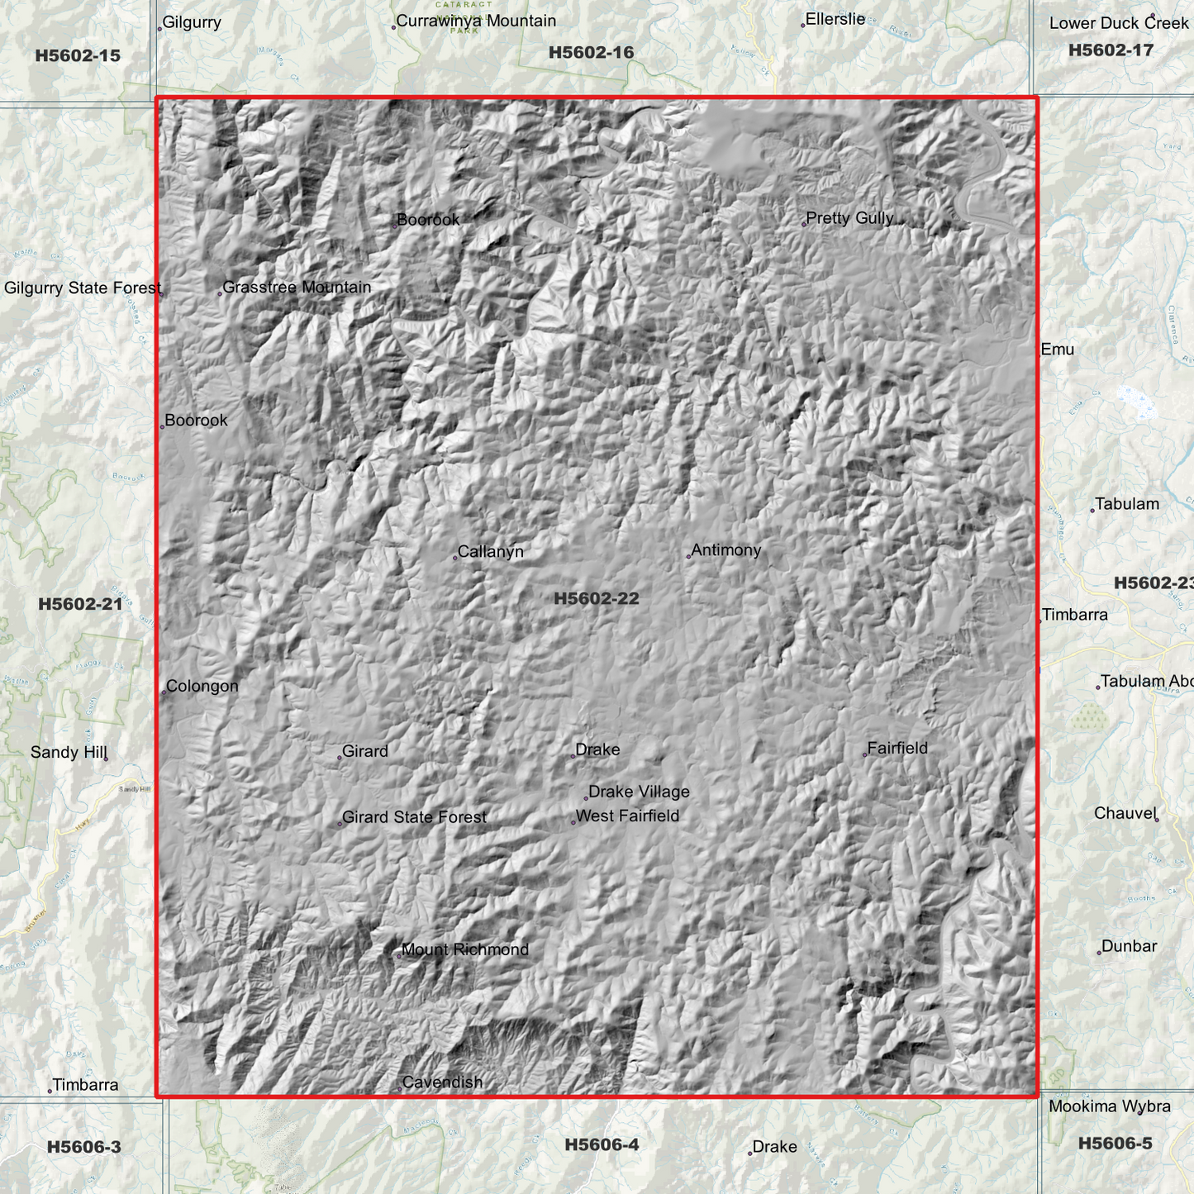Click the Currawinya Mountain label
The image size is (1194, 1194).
tap(475, 21)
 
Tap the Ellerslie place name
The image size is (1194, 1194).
tap(835, 19)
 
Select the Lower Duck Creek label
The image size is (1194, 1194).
tap(1118, 23)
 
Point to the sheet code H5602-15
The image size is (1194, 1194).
tap(78, 56)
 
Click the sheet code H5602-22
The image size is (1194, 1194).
tap(597, 598)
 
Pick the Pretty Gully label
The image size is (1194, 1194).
tap(849, 218)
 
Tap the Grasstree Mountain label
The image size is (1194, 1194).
tap(297, 288)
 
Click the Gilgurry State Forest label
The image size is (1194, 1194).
tap(83, 288)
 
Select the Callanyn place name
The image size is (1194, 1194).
tap(490, 552)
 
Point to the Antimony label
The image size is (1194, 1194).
tap(725, 550)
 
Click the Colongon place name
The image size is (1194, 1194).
tap(202, 687)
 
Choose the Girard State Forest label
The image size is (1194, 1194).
tap(414, 817)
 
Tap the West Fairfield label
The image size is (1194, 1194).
tap(627, 816)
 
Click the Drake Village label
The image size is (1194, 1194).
tap(639, 792)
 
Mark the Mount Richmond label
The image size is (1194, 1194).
tap(464, 950)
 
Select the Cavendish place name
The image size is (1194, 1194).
tap(441, 1082)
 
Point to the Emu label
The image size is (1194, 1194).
tap(1057, 350)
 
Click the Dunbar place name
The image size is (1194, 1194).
tap(1129, 947)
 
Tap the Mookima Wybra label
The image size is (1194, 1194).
tap(1109, 1106)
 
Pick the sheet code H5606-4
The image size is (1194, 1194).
tap(602, 1144)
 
